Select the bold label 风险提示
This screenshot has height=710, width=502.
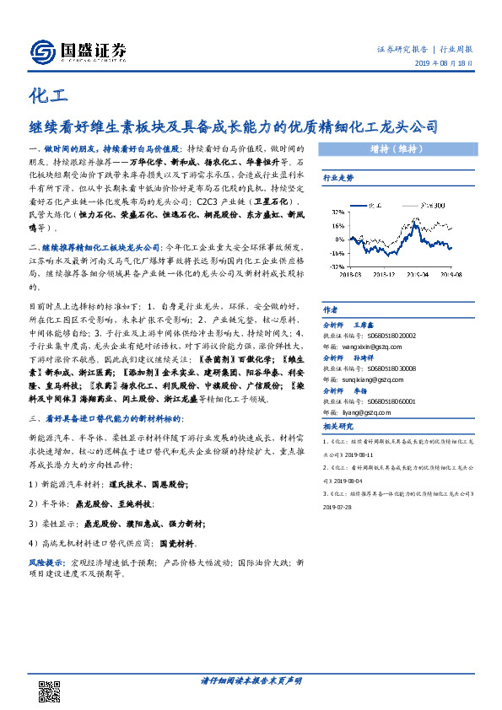46,561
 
